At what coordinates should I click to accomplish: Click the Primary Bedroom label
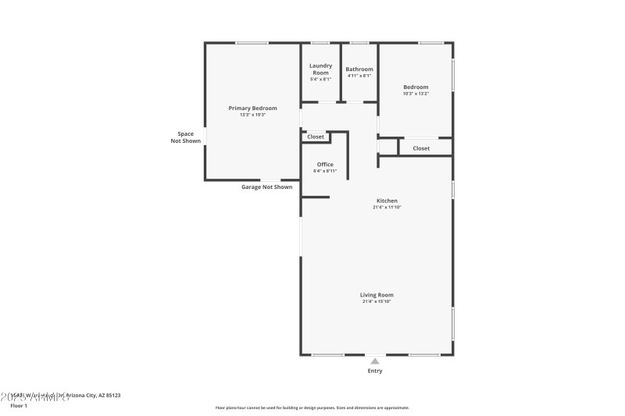(x=252, y=108)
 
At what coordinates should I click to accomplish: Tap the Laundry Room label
(x=320, y=69)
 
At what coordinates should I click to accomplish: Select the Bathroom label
(x=359, y=69)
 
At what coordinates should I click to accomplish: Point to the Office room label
(x=325, y=164)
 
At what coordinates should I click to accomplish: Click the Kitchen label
(x=387, y=201)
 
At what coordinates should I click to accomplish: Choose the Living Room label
(x=377, y=294)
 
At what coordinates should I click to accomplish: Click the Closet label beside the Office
(x=316, y=137)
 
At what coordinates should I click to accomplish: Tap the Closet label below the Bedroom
(x=421, y=148)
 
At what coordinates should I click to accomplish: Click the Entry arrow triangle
(x=375, y=361)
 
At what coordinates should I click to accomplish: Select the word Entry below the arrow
(x=375, y=371)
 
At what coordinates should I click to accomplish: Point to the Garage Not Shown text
(x=266, y=187)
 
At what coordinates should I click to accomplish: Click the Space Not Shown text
(x=185, y=137)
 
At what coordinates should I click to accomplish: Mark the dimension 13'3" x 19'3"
(x=252, y=115)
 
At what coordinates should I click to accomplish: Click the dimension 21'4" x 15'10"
(x=377, y=301)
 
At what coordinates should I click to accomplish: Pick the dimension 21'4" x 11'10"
(x=387, y=208)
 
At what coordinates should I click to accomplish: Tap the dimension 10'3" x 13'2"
(x=416, y=94)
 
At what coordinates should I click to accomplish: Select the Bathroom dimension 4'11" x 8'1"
(x=359, y=76)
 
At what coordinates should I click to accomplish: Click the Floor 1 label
(x=19, y=406)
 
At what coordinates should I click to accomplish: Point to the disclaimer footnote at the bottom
(x=312, y=407)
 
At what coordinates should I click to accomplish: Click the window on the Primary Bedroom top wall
(x=252, y=43)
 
